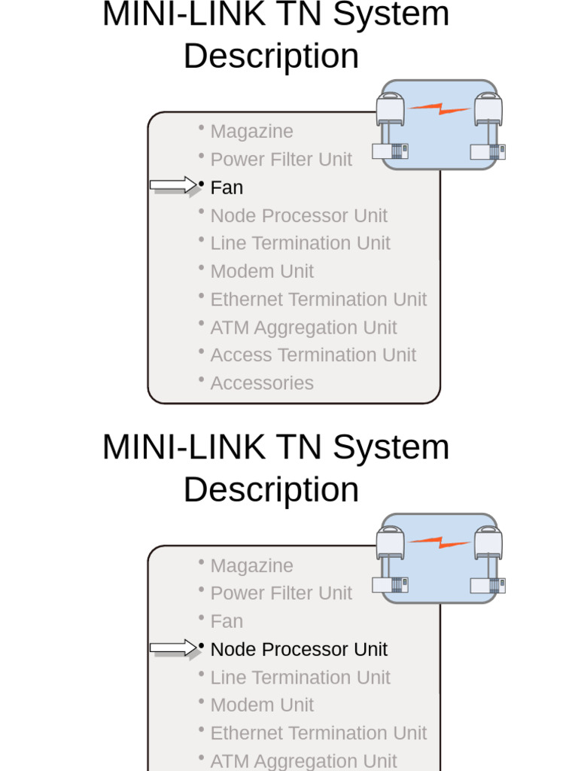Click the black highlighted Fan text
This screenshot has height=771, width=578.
(227, 187)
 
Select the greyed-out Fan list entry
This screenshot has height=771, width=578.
(227, 621)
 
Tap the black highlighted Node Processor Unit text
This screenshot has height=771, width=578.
(299, 649)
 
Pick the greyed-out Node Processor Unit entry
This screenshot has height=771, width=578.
(299, 215)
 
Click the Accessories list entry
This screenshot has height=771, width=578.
(262, 383)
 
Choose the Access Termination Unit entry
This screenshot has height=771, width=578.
(313, 355)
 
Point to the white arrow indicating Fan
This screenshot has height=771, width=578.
(172, 184)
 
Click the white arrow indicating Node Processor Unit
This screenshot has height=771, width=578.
(172, 648)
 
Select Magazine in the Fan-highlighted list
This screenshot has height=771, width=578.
(251, 131)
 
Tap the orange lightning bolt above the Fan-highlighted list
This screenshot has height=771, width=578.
(440, 108)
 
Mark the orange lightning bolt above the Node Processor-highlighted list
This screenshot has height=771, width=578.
(440, 542)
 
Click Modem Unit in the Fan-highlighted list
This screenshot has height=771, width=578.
(262, 271)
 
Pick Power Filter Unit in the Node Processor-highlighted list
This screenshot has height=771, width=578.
(281, 593)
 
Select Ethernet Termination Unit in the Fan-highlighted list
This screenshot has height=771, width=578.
(318, 299)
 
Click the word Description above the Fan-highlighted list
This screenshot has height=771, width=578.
(271, 56)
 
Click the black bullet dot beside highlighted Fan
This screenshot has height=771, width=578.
(202, 183)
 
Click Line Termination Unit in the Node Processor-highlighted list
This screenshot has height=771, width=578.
(300, 678)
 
